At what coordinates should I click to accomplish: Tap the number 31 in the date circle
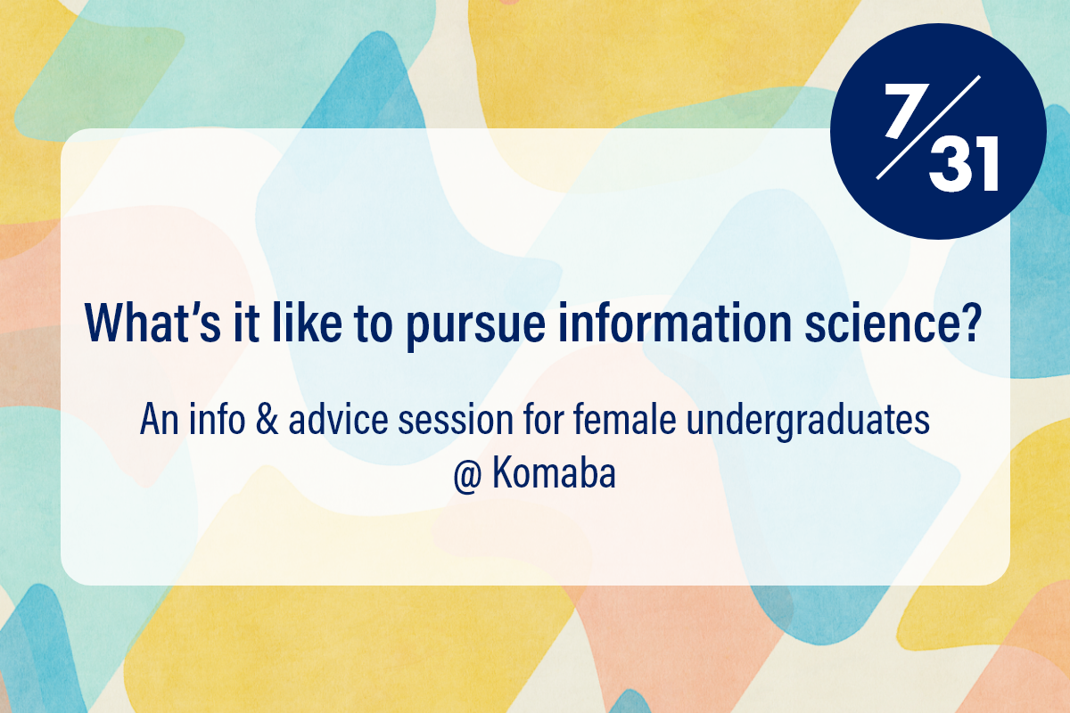(x=964, y=164)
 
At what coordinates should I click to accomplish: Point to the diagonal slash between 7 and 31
(x=928, y=127)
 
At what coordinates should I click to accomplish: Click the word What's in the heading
(x=152, y=323)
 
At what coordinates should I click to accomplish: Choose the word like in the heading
(x=307, y=322)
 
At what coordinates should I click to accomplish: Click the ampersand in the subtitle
(x=267, y=419)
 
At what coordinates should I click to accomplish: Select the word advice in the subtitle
(x=338, y=419)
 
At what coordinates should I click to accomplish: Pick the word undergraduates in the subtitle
(x=808, y=422)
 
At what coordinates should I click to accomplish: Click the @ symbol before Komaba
(x=467, y=475)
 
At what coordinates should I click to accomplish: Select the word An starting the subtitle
(x=159, y=419)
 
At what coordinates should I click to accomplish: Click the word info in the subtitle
(x=218, y=418)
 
